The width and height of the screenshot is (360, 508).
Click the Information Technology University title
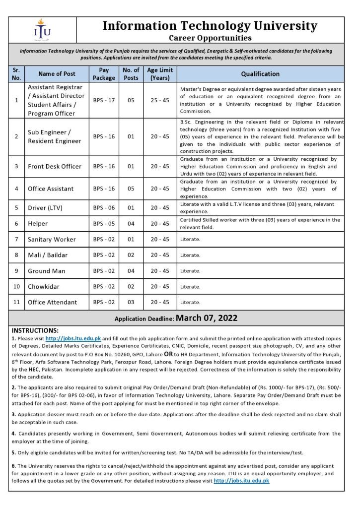coord(210,26)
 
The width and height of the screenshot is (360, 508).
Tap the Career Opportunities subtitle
coord(210,38)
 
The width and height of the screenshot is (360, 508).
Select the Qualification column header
coord(260,74)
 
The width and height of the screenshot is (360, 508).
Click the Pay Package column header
coord(104,74)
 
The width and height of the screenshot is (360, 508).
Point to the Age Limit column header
coord(159,74)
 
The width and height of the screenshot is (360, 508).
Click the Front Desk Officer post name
coord(55,166)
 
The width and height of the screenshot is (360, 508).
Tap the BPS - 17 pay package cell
coord(104,100)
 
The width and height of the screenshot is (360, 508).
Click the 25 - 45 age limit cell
coord(159,100)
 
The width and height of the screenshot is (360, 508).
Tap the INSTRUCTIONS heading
coord(35,330)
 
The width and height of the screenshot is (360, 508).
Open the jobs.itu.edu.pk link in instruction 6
coord(241,481)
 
